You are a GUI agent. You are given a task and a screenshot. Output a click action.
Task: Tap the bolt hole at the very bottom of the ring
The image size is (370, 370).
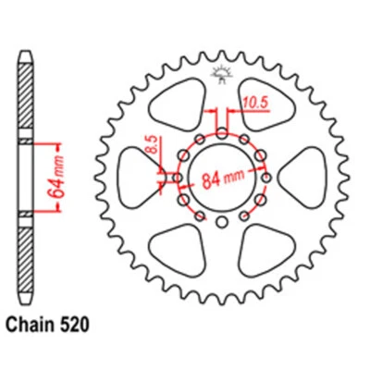222,223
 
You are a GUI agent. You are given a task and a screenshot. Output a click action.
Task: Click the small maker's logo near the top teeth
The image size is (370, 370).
222,74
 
